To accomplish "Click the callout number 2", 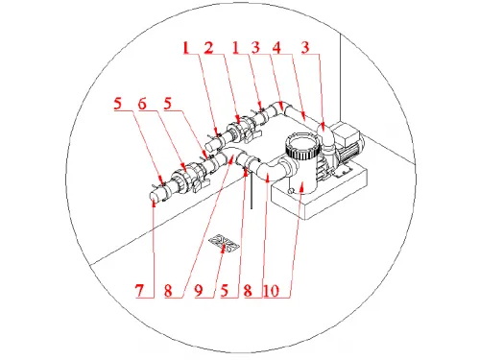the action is coord(209,48).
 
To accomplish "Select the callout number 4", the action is coord(276,48).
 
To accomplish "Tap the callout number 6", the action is coord(142,104).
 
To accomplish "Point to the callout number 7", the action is coord(139,291).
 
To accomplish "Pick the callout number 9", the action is coord(199,291).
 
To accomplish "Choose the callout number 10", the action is coord(272,291).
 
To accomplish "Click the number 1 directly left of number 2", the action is coord(186,48).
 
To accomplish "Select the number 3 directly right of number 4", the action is coord(305,48).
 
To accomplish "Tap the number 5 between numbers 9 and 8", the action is coord(225,291).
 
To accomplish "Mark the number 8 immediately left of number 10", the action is coord(248,291).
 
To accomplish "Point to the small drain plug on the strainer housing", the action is coord(291,191).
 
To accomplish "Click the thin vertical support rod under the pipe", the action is coord(252,191).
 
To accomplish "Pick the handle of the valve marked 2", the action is coord(252,135).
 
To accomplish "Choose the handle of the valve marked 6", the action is coord(200,186).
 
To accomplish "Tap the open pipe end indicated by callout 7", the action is coord(154,195).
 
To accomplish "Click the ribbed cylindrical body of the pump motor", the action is coord(350,151).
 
